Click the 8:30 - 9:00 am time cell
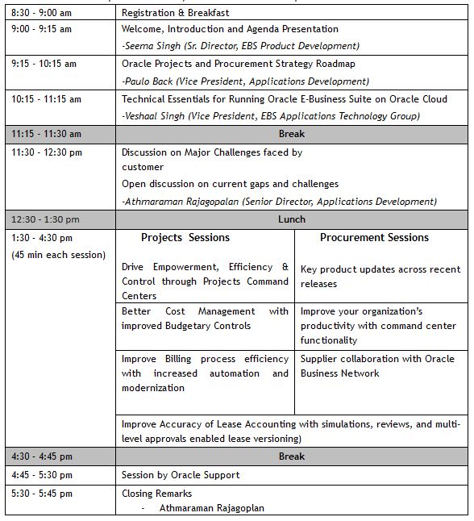tap(40, 13)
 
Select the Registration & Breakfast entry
tap(175, 13)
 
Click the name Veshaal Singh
tap(157, 116)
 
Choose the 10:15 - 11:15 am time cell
tap(46, 99)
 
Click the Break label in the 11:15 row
tap(291, 134)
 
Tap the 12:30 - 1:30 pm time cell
tap(45, 219)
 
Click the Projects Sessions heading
tap(185, 238)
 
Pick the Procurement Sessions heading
tap(374, 238)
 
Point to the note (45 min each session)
tap(58, 256)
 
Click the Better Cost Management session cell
tap(205, 319)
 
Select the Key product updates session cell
tap(380, 277)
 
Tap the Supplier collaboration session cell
tap(377, 366)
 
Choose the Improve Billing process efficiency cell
tap(205, 373)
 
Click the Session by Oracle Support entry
tap(181, 475)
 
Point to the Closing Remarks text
tap(157, 493)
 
